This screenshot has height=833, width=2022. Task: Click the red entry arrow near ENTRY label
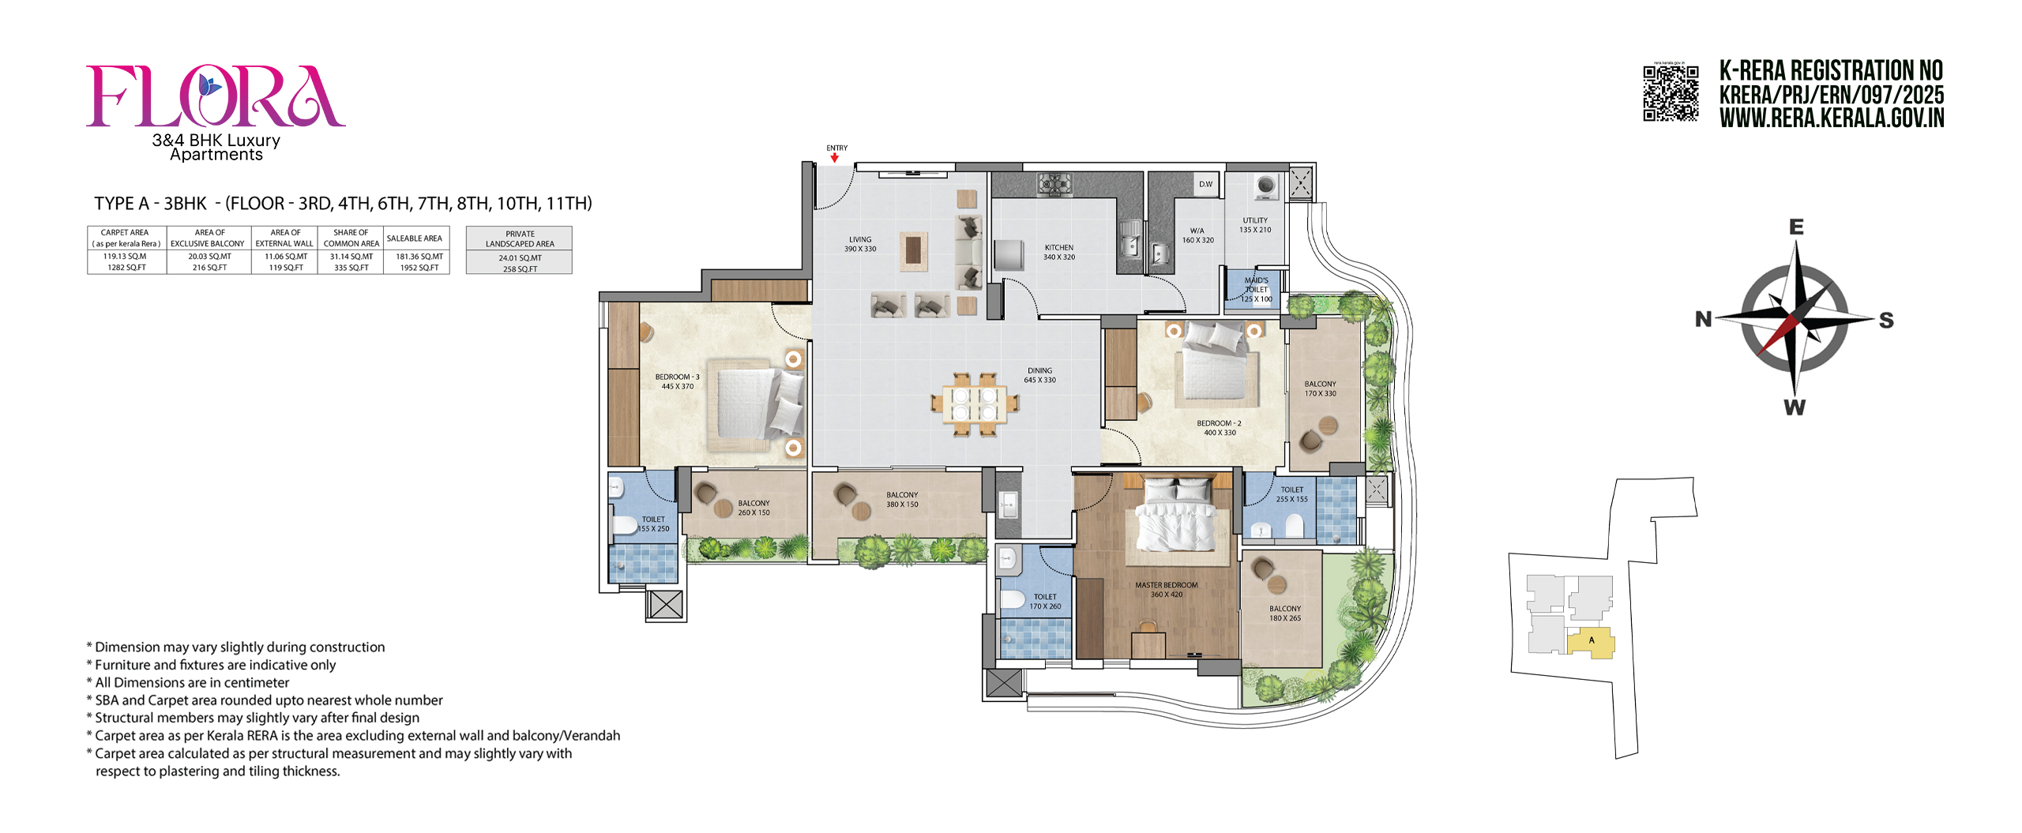tap(834, 158)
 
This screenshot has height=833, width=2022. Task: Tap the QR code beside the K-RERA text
tap(1671, 93)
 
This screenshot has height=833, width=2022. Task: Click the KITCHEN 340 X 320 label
tap(1058, 252)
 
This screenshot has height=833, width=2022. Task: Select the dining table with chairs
tap(974, 404)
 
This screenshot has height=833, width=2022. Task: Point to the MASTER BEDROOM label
tap(1166, 589)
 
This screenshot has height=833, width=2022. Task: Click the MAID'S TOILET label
tap(1256, 289)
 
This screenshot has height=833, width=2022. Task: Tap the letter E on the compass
tap(1796, 227)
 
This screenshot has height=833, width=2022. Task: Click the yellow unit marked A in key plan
tap(1590, 641)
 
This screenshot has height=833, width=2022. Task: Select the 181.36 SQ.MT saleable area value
tap(419, 257)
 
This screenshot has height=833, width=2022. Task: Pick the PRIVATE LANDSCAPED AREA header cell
tap(519, 238)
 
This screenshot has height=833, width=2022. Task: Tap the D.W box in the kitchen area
tap(1205, 184)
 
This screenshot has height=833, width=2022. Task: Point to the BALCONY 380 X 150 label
tap(902, 499)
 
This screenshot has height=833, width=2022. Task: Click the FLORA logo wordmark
tap(215, 96)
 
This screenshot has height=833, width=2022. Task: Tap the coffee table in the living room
tap(913, 251)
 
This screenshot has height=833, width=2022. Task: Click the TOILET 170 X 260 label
tap(1044, 601)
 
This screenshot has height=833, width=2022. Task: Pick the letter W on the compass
tap(1795, 407)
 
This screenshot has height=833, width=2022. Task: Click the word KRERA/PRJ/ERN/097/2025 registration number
tap(1831, 95)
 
